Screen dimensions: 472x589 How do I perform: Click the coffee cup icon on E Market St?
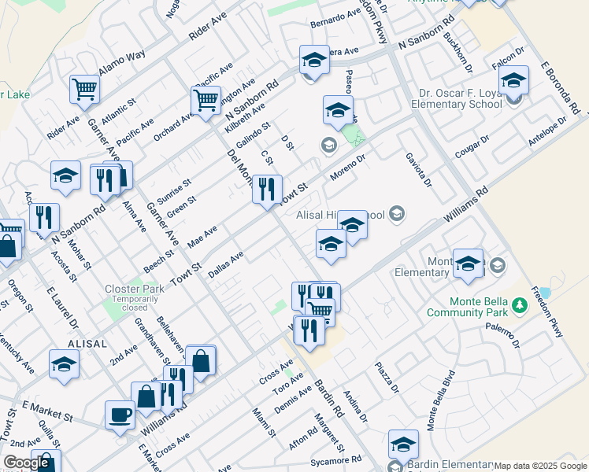[x=120, y=415]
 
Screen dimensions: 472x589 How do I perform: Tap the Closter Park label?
[x=135, y=289]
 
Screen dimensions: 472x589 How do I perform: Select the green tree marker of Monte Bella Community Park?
[x=519, y=304]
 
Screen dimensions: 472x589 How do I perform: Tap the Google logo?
[x=26, y=463]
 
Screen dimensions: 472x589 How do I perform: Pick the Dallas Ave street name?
[x=226, y=264]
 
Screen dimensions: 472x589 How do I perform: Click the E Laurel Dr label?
[x=63, y=307]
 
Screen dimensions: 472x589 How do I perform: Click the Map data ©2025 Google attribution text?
[x=540, y=466]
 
